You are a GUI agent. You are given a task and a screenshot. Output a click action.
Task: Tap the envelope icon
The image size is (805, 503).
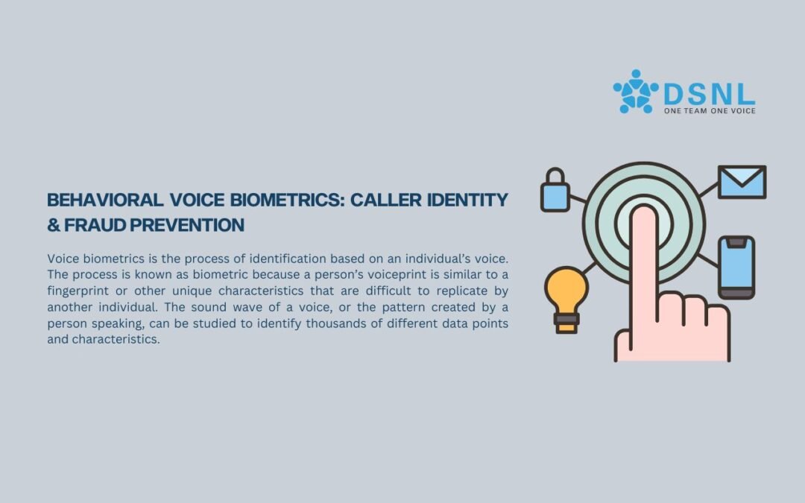pos(742,182)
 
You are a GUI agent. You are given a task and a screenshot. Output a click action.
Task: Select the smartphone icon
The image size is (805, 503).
pos(736,268)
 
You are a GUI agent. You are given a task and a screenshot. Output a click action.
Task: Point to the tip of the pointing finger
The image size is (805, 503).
pos(644,206)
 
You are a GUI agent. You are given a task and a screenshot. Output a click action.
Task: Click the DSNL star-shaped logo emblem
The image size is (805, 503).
pos(636,92)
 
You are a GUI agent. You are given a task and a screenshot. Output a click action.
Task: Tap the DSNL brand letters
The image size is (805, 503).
pos(709,95)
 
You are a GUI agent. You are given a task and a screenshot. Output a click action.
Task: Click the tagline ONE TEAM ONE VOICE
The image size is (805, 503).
pos(710,111)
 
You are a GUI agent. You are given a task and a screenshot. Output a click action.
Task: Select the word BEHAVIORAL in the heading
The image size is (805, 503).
pos(105,200)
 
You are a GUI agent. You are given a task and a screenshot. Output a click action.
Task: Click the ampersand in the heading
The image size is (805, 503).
pos(54,225)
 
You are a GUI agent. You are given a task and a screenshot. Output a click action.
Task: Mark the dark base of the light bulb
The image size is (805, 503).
pos(566,323)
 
